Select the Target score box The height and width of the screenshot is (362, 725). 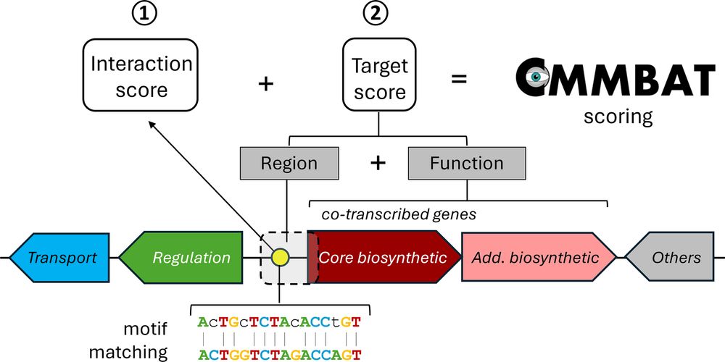coord(379,79)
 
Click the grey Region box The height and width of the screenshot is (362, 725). coord(289,163)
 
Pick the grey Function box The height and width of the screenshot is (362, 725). coord(466,163)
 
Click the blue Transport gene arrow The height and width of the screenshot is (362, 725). coord(62,257)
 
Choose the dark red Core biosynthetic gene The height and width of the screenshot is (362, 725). coord(383,257)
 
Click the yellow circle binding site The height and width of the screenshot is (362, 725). coord(279,256)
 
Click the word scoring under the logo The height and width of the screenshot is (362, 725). coord(618,116)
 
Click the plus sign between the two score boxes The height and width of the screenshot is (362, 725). coord(266,83)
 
